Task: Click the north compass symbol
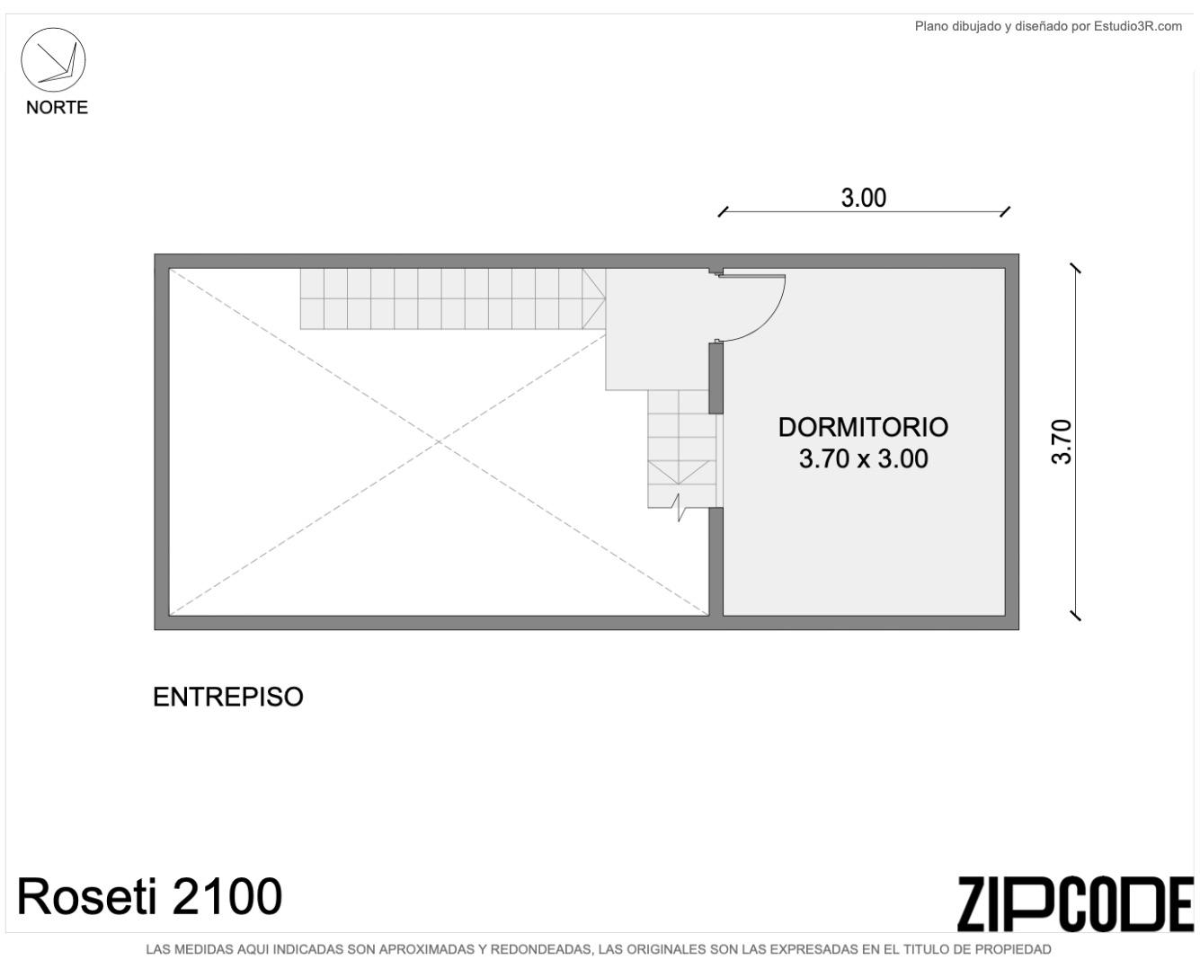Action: click(x=53, y=59)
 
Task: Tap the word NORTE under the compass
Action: click(x=57, y=108)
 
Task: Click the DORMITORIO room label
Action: click(x=863, y=427)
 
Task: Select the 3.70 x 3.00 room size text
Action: click(x=863, y=458)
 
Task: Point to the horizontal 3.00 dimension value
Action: click(x=863, y=198)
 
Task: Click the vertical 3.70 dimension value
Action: click(x=1062, y=441)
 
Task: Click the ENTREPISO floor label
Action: click(x=228, y=697)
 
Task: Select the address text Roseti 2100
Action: click(x=149, y=896)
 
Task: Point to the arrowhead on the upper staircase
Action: click(x=593, y=298)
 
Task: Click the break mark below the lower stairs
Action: click(x=679, y=506)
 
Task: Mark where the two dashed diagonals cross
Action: click(x=439, y=441)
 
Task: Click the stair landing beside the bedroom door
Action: click(x=657, y=329)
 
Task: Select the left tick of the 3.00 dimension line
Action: click(x=724, y=212)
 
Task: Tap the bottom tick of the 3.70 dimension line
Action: click(x=1076, y=616)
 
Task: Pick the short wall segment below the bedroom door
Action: click(x=716, y=378)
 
